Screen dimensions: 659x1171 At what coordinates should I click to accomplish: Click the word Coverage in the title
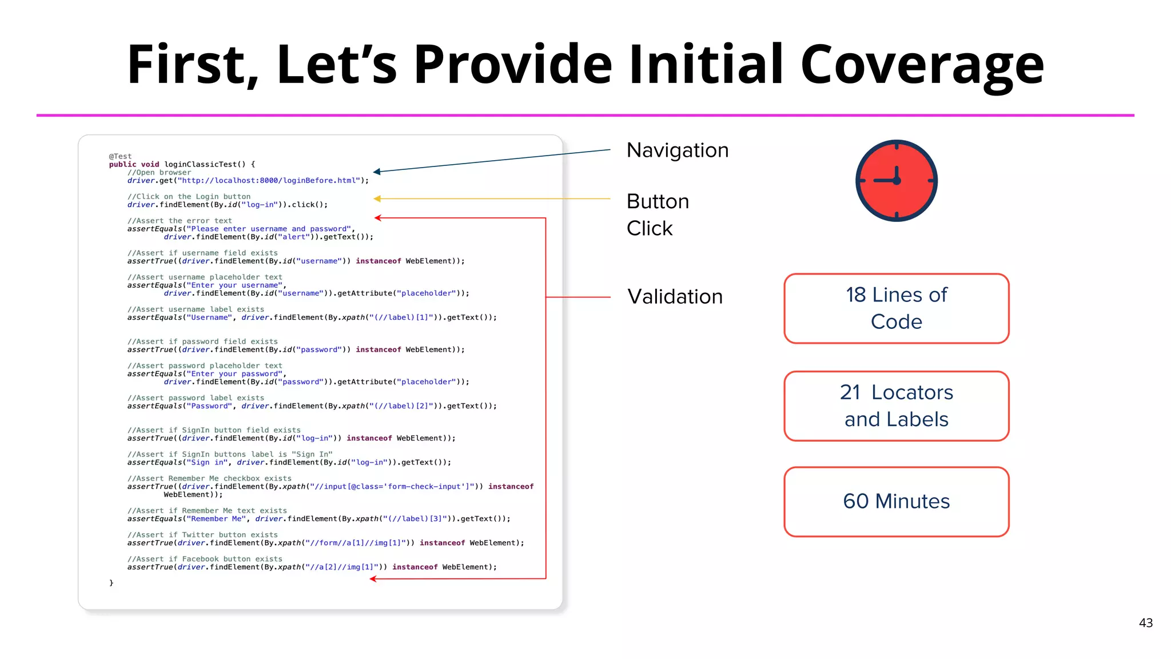922,64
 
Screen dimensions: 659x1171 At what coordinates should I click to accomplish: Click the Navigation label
678,150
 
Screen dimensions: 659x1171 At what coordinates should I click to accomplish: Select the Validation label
675,297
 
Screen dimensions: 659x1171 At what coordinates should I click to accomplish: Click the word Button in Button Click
658,202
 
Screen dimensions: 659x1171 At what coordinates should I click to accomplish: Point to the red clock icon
896,181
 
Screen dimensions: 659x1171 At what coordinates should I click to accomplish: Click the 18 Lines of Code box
896,308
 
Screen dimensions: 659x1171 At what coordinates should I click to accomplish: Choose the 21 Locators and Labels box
896,406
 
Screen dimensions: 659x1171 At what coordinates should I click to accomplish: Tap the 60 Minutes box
896,502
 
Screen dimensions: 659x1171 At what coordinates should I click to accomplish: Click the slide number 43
1145,623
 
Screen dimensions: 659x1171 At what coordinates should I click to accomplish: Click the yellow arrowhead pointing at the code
377,199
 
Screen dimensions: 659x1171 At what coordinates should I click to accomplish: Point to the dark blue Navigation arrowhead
377,172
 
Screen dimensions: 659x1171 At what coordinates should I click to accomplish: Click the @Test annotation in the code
120,156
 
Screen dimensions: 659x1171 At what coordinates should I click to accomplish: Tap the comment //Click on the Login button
189,197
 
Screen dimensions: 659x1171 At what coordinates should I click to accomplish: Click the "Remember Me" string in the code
216,519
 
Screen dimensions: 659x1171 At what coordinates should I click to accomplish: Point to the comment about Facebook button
205,559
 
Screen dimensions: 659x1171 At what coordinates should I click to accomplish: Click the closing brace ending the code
111,583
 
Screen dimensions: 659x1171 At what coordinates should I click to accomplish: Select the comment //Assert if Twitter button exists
202,535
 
